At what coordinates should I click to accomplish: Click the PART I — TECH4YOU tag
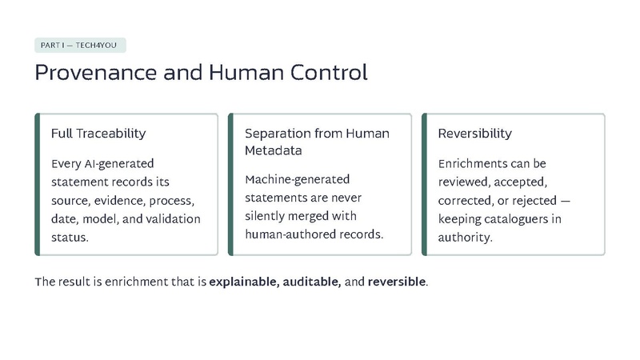(x=80, y=46)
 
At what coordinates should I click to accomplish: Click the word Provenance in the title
(x=96, y=73)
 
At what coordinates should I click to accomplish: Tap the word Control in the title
(x=329, y=72)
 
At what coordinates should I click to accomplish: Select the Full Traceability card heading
(x=98, y=134)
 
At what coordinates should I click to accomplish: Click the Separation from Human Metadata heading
(x=317, y=142)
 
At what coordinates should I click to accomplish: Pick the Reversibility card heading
(x=474, y=134)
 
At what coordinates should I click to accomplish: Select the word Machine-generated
(x=297, y=179)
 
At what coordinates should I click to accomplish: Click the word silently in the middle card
(x=266, y=216)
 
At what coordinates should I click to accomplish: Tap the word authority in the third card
(x=466, y=238)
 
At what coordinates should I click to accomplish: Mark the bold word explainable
(x=244, y=282)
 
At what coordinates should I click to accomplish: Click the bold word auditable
(x=312, y=282)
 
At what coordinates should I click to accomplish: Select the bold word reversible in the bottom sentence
(x=397, y=282)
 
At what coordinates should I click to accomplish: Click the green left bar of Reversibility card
(x=424, y=185)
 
